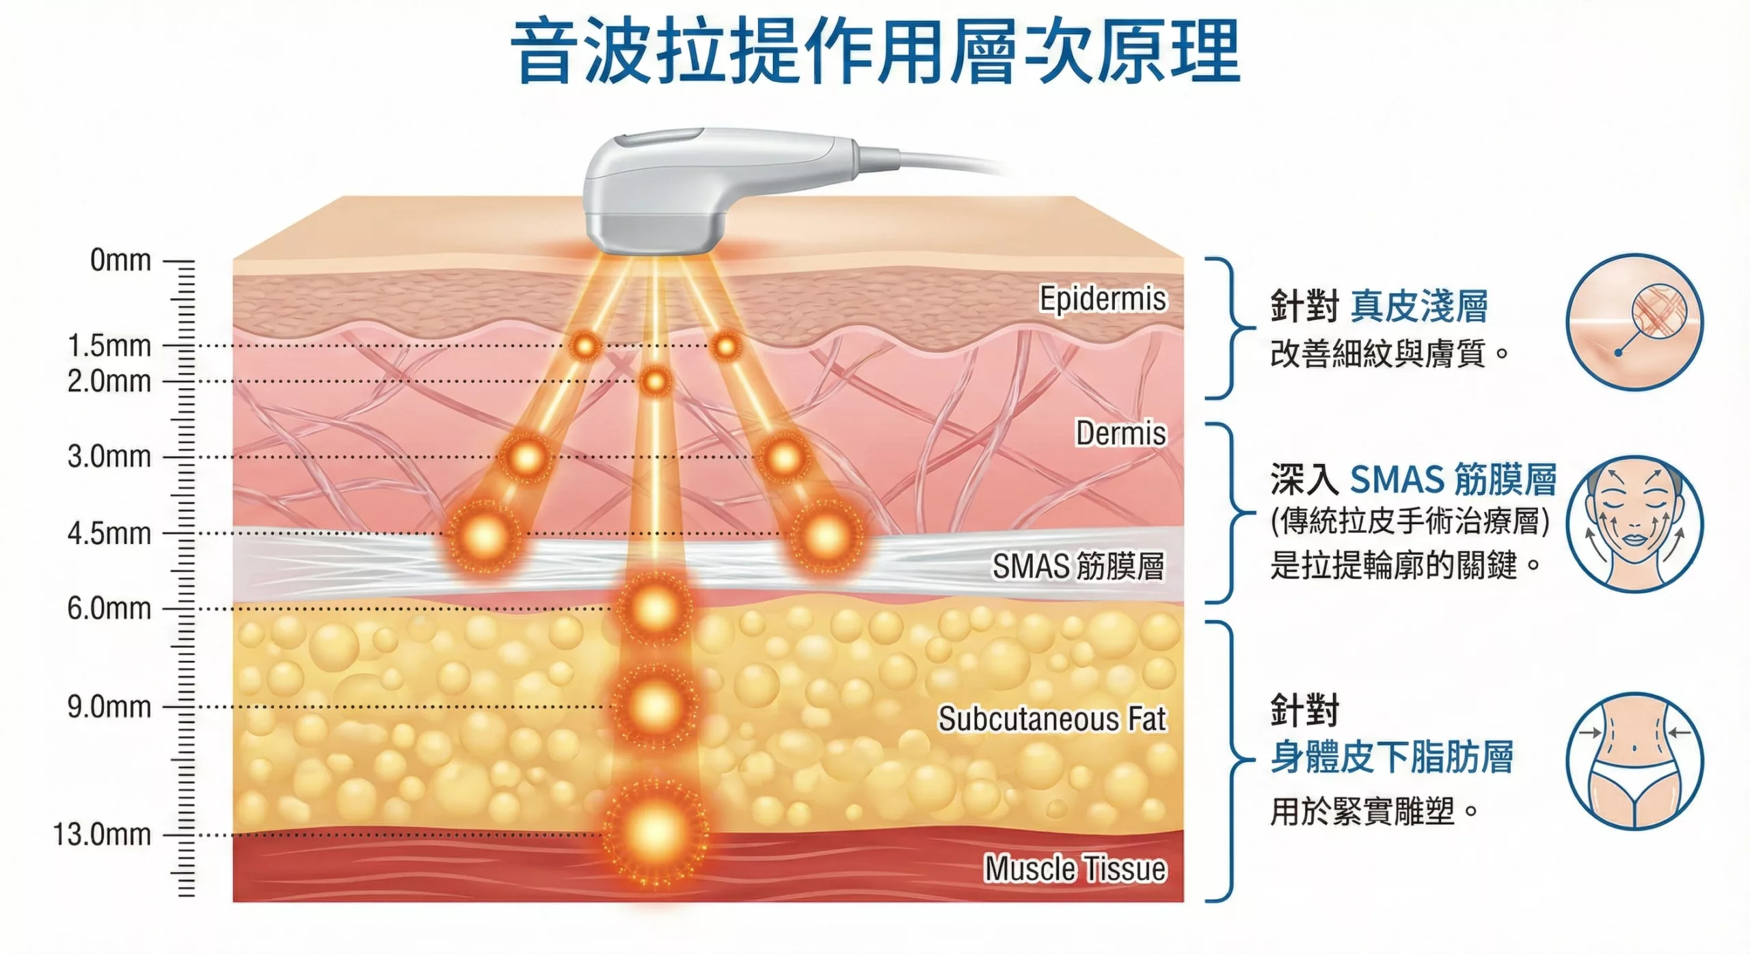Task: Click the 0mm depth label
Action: point(120,260)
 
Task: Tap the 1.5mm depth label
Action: point(109,346)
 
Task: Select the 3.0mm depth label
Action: point(109,456)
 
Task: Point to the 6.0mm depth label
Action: point(109,608)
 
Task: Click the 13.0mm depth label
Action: point(102,834)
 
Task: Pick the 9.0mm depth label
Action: point(109,707)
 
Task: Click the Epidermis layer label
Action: point(1103,299)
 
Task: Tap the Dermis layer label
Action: point(1121,433)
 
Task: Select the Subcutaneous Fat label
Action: point(1052,719)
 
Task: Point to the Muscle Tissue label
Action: point(1075,869)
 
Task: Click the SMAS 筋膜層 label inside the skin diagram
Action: point(1079,567)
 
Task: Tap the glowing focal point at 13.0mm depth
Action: point(655,832)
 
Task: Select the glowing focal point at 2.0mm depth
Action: point(655,381)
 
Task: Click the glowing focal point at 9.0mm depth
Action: point(655,705)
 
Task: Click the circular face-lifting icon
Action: point(1634,524)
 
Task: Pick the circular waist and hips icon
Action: point(1634,761)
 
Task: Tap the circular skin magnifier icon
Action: point(1634,322)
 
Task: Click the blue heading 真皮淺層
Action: point(1419,305)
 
